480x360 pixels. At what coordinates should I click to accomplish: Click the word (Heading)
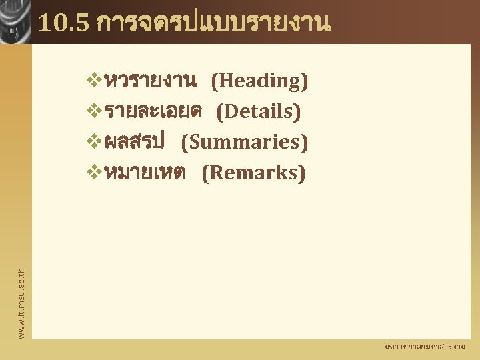(259, 81)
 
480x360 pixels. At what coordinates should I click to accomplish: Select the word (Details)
(259, 112)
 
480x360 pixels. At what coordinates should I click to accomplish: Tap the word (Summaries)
(245, 143)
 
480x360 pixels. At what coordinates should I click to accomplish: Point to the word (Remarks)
(253, 173)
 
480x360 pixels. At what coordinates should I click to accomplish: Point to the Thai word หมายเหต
(145, 173)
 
